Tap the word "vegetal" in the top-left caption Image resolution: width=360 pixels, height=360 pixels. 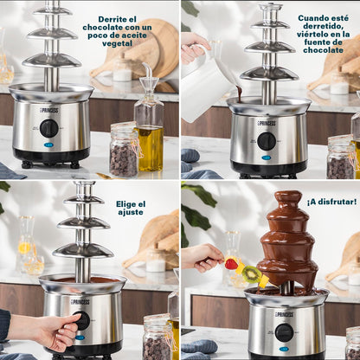point(117,43)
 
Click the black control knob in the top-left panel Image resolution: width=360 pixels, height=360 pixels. point(49,128)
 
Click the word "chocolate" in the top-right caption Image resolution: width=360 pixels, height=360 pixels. point(323,50)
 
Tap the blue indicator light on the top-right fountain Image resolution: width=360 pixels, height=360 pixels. point(266,157)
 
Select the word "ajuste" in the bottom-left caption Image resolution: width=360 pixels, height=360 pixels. point(131,212)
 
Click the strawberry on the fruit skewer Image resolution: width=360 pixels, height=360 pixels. point(231,264)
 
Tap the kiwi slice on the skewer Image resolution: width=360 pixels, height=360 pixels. point(252,274)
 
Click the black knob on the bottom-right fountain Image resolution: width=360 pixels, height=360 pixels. point(284,332)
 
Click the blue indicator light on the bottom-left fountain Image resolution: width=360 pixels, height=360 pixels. point(80,337)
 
